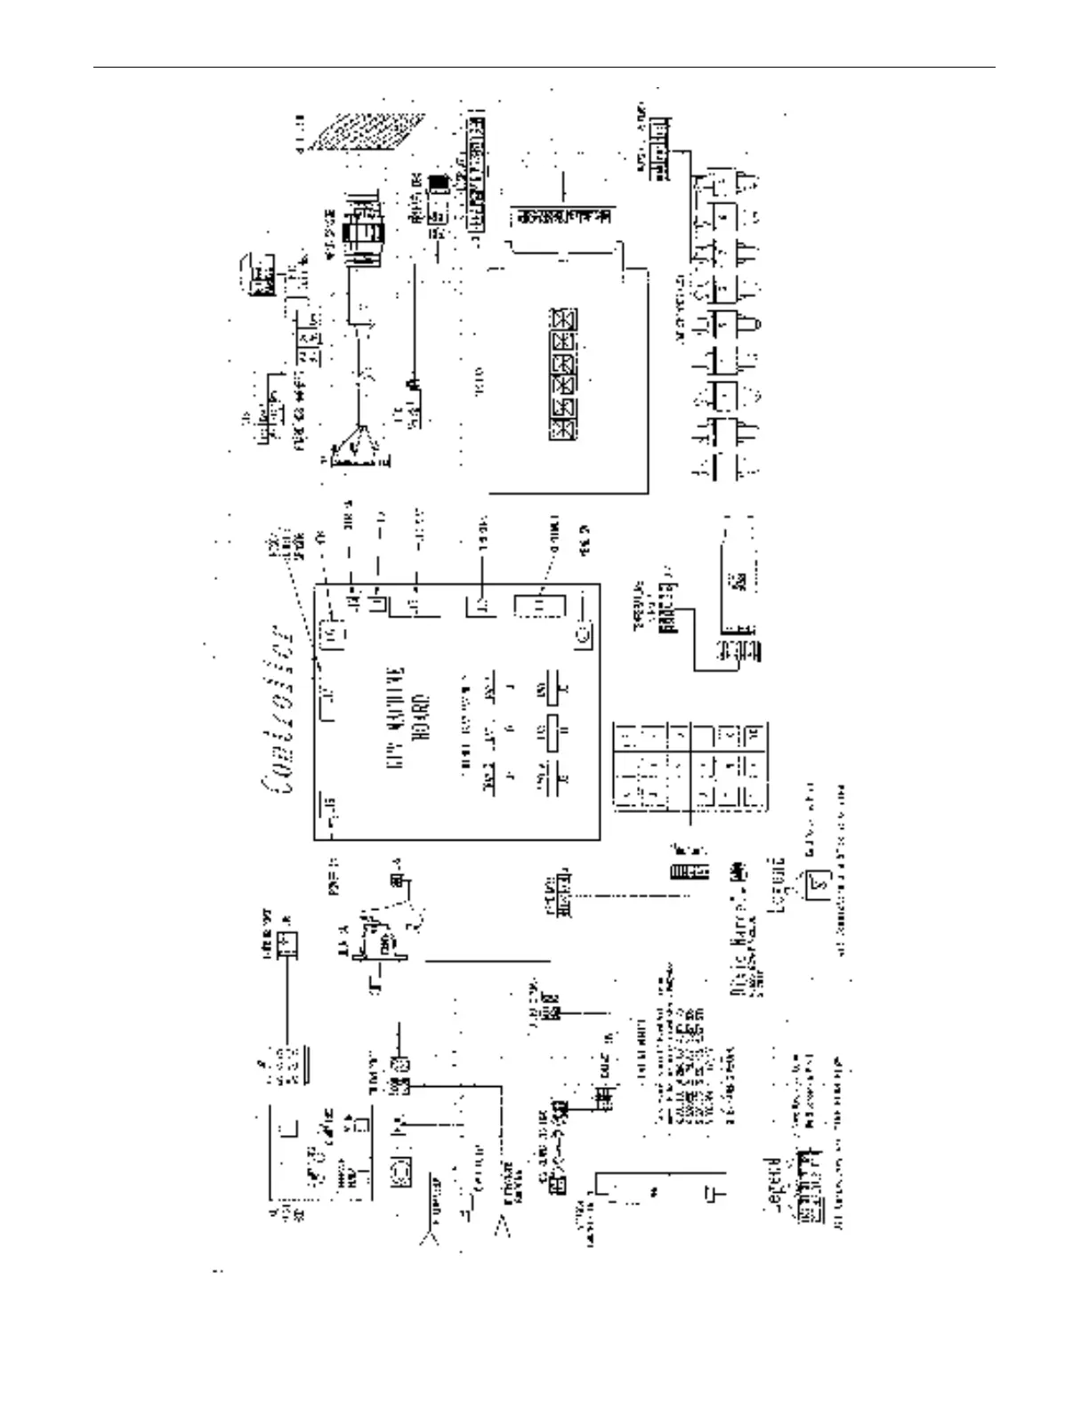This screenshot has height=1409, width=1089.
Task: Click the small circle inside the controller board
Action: pos(584,635)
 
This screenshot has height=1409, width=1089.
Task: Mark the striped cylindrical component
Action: pos(362,233)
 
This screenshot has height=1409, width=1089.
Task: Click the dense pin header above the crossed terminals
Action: pos(564,216)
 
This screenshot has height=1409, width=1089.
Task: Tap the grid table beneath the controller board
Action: pos(690,767)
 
